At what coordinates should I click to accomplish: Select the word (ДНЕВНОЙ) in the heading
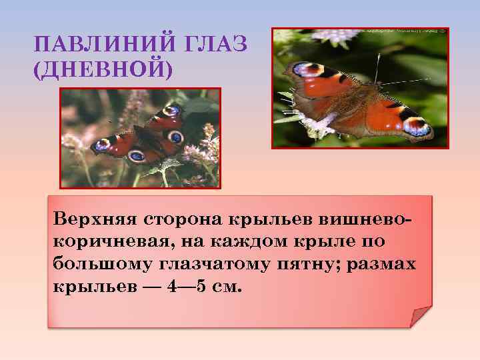tap(102, 69)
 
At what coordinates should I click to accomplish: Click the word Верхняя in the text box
tap(89, 219)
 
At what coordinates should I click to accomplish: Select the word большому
tap(102, 264)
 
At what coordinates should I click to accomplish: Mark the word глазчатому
tap(215, 264)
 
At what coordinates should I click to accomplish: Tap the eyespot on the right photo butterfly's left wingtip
tap(303, 69)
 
